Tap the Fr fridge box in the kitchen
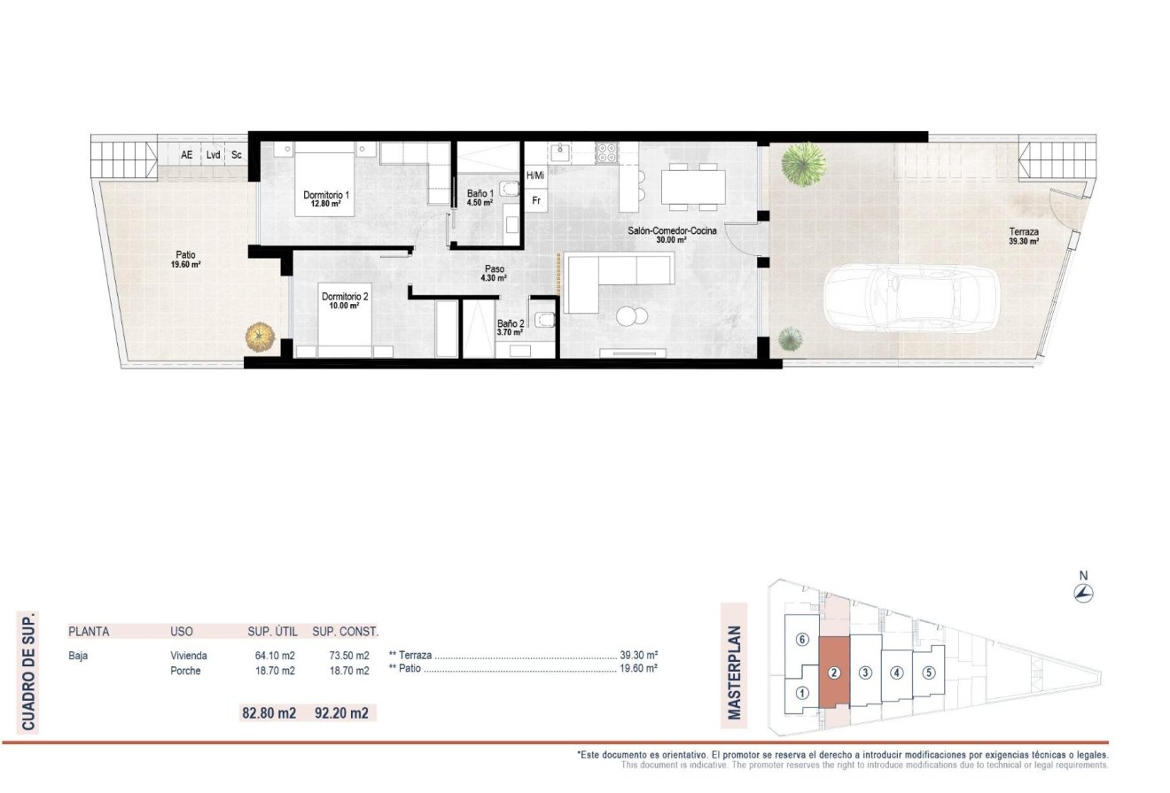tap(535, 201)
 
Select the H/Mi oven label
tap(535, 175)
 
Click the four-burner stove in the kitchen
tap(606, 152)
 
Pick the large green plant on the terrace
tap(803, 165)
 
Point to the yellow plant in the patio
tap(260, 337)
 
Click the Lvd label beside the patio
tap(213, 155)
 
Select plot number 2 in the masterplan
tap(833, 672)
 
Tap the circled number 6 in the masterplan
tap(801, 639)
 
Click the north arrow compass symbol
tap(1083, 593)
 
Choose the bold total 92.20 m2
tap(341, 711)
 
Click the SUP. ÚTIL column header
tap(271, 632)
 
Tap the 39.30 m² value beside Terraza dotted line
tap(638, 656)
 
